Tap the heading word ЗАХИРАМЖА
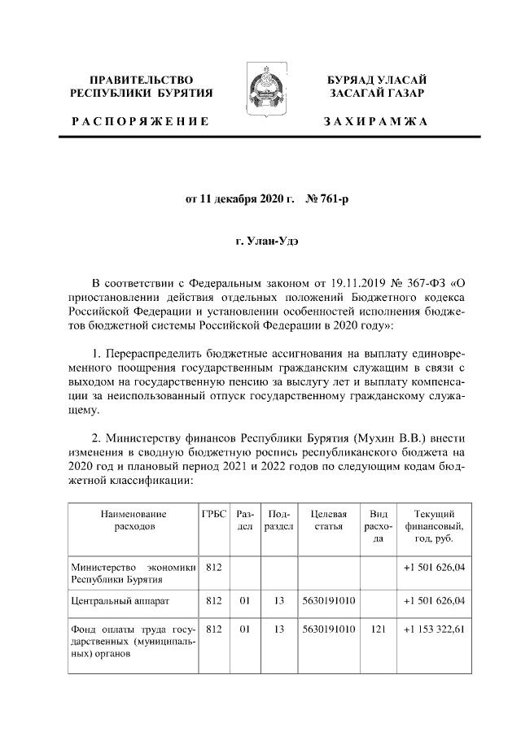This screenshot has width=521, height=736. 375,121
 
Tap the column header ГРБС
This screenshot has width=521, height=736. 214,514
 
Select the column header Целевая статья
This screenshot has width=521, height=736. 329,520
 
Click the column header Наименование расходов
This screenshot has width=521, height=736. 134,520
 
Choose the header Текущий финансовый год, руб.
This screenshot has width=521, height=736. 433,526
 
